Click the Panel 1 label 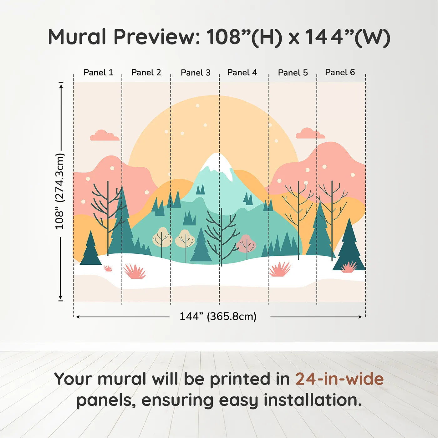tap(98, 73)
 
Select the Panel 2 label tap(146, 73)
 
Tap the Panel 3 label tap(196, 73)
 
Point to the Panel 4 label tap(242, 73)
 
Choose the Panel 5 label tap(293, 73)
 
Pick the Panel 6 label tap(340, 72)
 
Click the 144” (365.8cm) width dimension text tap(218, 316)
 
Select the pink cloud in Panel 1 tap(104, 136)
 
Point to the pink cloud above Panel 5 tap(310, 134)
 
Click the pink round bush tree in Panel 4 tap(246, 244)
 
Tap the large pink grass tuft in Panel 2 tap(135, 271)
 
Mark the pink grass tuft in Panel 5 tap(280, 269)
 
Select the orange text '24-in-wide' tap(339, 379)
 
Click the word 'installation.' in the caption tap(313, 400)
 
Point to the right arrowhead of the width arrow tap(360, 317)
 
